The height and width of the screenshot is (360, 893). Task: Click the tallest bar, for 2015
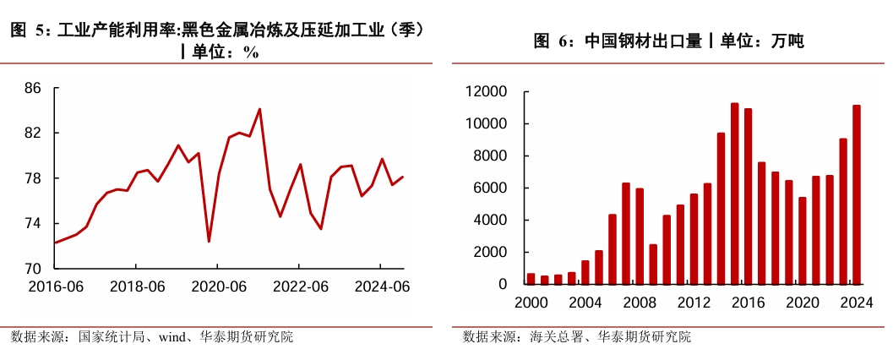[734, 194]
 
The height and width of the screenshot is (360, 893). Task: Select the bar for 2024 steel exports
[857, 194]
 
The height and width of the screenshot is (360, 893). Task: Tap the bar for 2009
[653, 264]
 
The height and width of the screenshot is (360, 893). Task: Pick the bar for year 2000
[531, 278]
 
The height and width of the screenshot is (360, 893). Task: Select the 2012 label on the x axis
[694, 303]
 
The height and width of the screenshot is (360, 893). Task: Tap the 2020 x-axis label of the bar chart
[803, 303]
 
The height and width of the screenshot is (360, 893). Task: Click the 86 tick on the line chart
[33, 88]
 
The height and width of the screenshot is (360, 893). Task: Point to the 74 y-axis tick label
[33, 223]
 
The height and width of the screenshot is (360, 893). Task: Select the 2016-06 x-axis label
[56, 287]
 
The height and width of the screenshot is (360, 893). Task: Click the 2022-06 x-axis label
[301, 287]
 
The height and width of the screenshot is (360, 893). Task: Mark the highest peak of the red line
[259, 109]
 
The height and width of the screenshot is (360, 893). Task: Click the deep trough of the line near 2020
[209, 242]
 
